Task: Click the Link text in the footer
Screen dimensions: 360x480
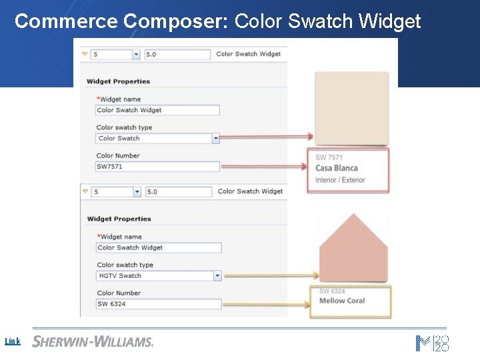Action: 13,341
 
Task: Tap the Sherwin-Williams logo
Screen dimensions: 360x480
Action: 93,341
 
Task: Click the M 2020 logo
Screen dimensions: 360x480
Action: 432,343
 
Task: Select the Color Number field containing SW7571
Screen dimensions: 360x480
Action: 157,167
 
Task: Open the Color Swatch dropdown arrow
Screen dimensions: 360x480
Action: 215,139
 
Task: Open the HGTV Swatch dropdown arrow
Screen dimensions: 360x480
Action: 217,276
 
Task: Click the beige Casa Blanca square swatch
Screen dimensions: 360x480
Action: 351,109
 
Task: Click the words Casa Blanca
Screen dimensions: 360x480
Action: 337,168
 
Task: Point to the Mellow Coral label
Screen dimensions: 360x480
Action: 342,301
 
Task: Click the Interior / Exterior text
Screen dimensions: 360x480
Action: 340,180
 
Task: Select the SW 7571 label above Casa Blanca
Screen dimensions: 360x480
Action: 329,158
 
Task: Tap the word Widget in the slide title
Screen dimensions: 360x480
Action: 389,21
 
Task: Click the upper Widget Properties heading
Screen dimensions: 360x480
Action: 118,81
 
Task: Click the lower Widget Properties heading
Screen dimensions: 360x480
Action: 119,219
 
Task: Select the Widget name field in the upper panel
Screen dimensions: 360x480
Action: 157,110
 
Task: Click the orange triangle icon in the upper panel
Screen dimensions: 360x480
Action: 85,54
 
